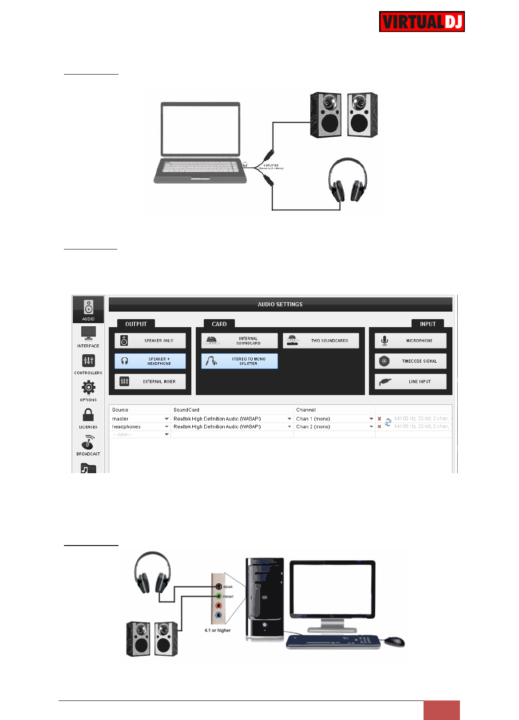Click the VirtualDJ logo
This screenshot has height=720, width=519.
coord(422,22)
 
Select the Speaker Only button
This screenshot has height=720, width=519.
coord(150,341)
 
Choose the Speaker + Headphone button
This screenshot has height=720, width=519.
coord(150,361)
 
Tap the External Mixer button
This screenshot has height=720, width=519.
coord(150,382)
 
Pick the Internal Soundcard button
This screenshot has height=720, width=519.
coord(239,341)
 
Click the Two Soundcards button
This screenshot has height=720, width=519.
coord(321,341)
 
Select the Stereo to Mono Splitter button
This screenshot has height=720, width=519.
coord(239,361)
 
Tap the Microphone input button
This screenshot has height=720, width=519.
coord(410,341)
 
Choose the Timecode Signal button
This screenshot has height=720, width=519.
coord(410,361)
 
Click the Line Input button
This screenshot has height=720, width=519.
coord(410,382)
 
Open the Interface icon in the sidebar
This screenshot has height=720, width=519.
coord(88,336)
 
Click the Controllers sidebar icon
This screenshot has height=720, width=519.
coord(88,363)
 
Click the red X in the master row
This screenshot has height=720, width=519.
coord(379,419)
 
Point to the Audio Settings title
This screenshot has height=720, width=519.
coord(280,305)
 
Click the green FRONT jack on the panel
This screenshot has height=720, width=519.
coord(218,596)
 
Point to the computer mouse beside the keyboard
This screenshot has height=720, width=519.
coord(394,641)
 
